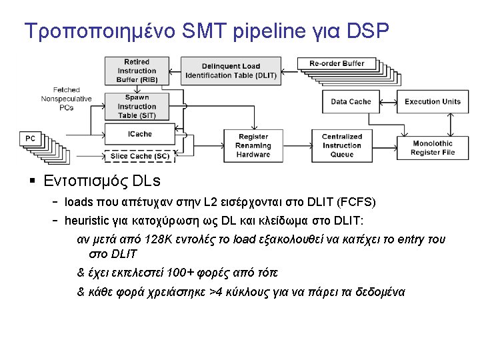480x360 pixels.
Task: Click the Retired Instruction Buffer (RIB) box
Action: tap(137, 71)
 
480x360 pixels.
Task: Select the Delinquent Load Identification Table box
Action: tap(231, 71)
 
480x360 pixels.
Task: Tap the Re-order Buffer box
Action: tap(337, 64)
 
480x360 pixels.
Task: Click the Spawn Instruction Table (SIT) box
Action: tap(137, 106)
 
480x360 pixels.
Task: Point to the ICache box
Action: tap(140, 134)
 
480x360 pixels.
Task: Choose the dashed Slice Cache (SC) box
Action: tap(140, 156)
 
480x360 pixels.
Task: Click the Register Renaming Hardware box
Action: tap(253, 146)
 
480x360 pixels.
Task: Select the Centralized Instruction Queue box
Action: tap(342, 146)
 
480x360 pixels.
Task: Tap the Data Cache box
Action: tap(351, 101)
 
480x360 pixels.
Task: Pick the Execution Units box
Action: tap(432, 101)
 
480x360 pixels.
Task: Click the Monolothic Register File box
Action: tap(433, 147)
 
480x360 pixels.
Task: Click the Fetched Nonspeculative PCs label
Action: tap(66, 98)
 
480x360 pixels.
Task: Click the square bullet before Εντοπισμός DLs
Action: tap(32, 181)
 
